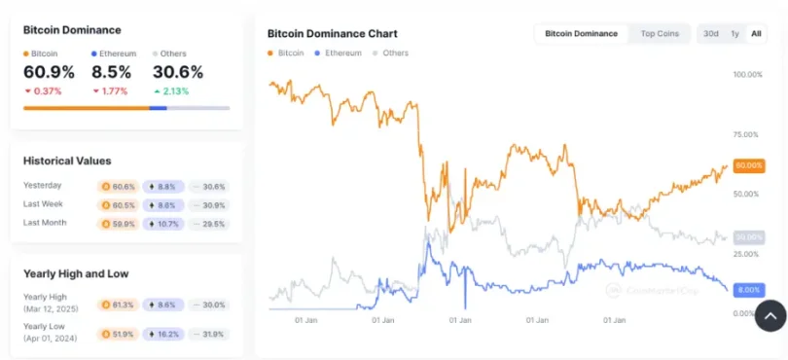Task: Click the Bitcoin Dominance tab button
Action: tap(581, 33)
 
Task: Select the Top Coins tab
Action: tap(659, 33)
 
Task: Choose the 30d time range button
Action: tap(710, 33)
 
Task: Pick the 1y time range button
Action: tap(734, 33)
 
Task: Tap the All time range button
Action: tap(756, 33)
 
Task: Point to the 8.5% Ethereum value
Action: tap(110, 72)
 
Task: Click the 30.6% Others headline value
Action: tap(177, 72)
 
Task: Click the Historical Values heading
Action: tap(67, 161)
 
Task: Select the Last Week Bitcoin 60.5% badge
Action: tap(118, 204)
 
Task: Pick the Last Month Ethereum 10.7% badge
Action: tap(162, 223)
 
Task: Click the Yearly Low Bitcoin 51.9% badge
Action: tap(118, 334)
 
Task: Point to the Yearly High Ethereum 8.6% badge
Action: tap(162, 305)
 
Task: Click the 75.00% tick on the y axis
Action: tap(745, 135)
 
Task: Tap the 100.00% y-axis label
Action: tap(747, 75)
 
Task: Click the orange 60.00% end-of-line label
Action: tap(748, 166)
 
